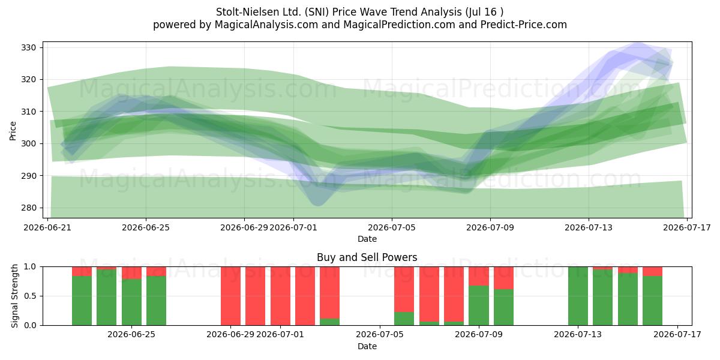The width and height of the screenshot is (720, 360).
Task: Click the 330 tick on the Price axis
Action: pyautogui.click(x=28, y=48)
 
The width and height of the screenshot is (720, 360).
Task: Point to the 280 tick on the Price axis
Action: pyautogui.click(x=28, y=208)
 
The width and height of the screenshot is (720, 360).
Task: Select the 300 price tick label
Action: pyautogui.click(x=28, y=143)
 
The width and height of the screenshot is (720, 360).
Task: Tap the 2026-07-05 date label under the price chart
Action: pyautogui.click(x=391, y=227)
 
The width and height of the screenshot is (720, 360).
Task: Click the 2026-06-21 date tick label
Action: pyautogui.click(x=47, y=227)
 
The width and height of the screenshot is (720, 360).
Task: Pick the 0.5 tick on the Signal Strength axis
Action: pyautogui.click(x=30, y=296)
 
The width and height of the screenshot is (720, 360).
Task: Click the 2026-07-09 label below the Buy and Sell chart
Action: pyautogui.click(x=479, y=334)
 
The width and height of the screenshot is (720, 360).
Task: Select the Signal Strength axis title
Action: pyautogui.click(x=14, y=296)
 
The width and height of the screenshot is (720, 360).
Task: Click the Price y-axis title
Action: pyautogui.click(x=13, y=131)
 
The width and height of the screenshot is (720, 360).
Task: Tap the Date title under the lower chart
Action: pyautogui.click(x=367, y=346)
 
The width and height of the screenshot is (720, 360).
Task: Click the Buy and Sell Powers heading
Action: pyautogui.click(x=367, y=257)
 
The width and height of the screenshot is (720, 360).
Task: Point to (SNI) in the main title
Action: pyautogui.click(x=317, y=12)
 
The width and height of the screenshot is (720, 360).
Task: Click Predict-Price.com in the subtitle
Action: pyautogui.click(x=524, y=25)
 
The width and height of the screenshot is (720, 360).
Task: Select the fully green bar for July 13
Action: pyautogui.click(x=578, y=296)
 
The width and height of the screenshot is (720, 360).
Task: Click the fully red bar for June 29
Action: pyautogui.click(x=230, y=296)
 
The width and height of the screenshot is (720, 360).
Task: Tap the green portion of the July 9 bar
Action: pyautogui.click(x=479, y=305)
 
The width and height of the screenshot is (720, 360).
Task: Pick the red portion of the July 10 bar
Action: pyautogui.click(x=503, y=278)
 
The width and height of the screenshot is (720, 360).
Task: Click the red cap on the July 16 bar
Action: pyautogui.click(x=653, y=271)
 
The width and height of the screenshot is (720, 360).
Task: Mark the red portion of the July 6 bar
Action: pyautogui.click(x=404, y=289)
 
